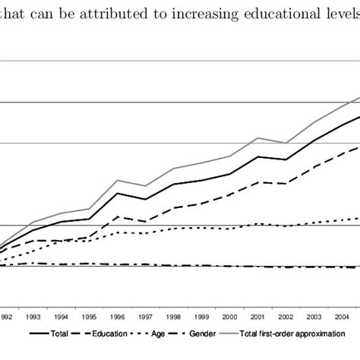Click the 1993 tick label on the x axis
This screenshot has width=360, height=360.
click(33, 317)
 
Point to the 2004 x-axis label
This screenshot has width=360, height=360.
click(343, 317)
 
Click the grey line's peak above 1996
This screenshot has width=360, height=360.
click(118, 180)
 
